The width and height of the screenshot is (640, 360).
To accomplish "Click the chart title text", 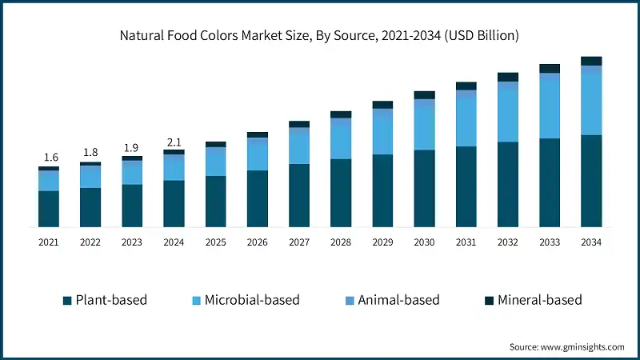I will pos(320,35).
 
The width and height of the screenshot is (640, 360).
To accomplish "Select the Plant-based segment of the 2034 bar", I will pos(591,181).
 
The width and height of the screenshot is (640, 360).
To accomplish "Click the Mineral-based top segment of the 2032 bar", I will pos(508,77).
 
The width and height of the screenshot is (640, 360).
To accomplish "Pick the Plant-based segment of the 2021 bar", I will pos(49,209).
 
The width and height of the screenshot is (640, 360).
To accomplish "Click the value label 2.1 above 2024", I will pos(174,142).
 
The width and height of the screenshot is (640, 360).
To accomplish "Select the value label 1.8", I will pos(90,153).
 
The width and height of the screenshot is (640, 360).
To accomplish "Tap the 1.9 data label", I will pos(132,148).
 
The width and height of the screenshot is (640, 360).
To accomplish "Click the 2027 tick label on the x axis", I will pos(299,242).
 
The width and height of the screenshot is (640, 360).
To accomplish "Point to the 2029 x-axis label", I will pos(382,242).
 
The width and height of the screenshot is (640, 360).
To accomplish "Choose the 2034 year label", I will pos(591,242).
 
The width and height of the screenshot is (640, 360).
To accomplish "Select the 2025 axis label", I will pos(215,242).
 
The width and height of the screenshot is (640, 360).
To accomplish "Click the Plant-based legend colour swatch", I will pos(67,301).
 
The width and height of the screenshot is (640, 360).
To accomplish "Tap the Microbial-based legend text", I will pos(252,300).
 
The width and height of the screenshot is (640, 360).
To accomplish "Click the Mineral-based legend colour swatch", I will pos(489,301).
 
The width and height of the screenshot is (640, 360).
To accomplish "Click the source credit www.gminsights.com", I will pos(566,346).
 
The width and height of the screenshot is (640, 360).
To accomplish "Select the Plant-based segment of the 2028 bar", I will pos(341,193).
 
